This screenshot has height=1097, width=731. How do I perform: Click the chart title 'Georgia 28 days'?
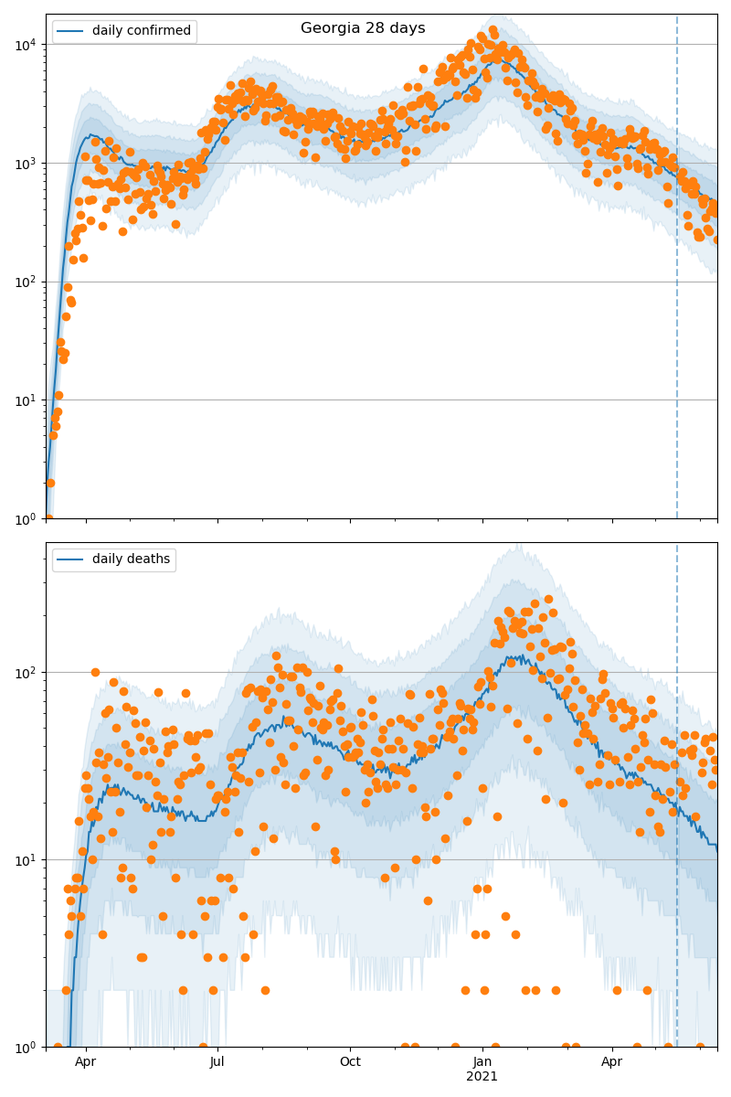363,28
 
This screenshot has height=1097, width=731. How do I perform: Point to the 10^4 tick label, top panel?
26,45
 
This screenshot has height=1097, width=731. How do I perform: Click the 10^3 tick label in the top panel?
26,164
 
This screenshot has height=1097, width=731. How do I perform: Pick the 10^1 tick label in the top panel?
26,400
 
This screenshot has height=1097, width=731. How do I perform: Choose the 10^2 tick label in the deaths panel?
26,673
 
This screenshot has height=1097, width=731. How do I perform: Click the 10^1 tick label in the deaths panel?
26,860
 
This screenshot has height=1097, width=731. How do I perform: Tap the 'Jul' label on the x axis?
217,1062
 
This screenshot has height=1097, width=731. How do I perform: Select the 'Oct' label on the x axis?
350,1062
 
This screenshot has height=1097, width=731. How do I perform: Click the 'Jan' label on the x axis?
482,1062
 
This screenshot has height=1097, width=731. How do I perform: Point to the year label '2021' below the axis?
482,1077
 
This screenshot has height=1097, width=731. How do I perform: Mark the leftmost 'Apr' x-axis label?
86,1062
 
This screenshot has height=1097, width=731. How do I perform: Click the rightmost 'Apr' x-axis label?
612,1062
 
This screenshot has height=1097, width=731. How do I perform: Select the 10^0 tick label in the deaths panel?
26,1047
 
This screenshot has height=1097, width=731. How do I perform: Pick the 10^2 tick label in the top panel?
26,282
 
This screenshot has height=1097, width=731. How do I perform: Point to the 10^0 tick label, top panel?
26,518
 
